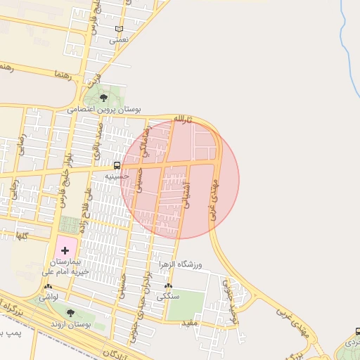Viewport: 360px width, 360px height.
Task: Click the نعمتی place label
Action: click(x=120, y=41)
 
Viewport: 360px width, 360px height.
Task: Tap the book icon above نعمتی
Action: click(x=120, y=29)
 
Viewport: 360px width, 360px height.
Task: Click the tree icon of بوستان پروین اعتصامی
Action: click(x=104, y=98)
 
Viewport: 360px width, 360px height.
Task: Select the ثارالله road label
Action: click(x=182, y=118)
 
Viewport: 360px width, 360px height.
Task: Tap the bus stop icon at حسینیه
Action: click(x=116, y=165)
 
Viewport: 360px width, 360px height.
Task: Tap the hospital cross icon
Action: click(x=65, y=250)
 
